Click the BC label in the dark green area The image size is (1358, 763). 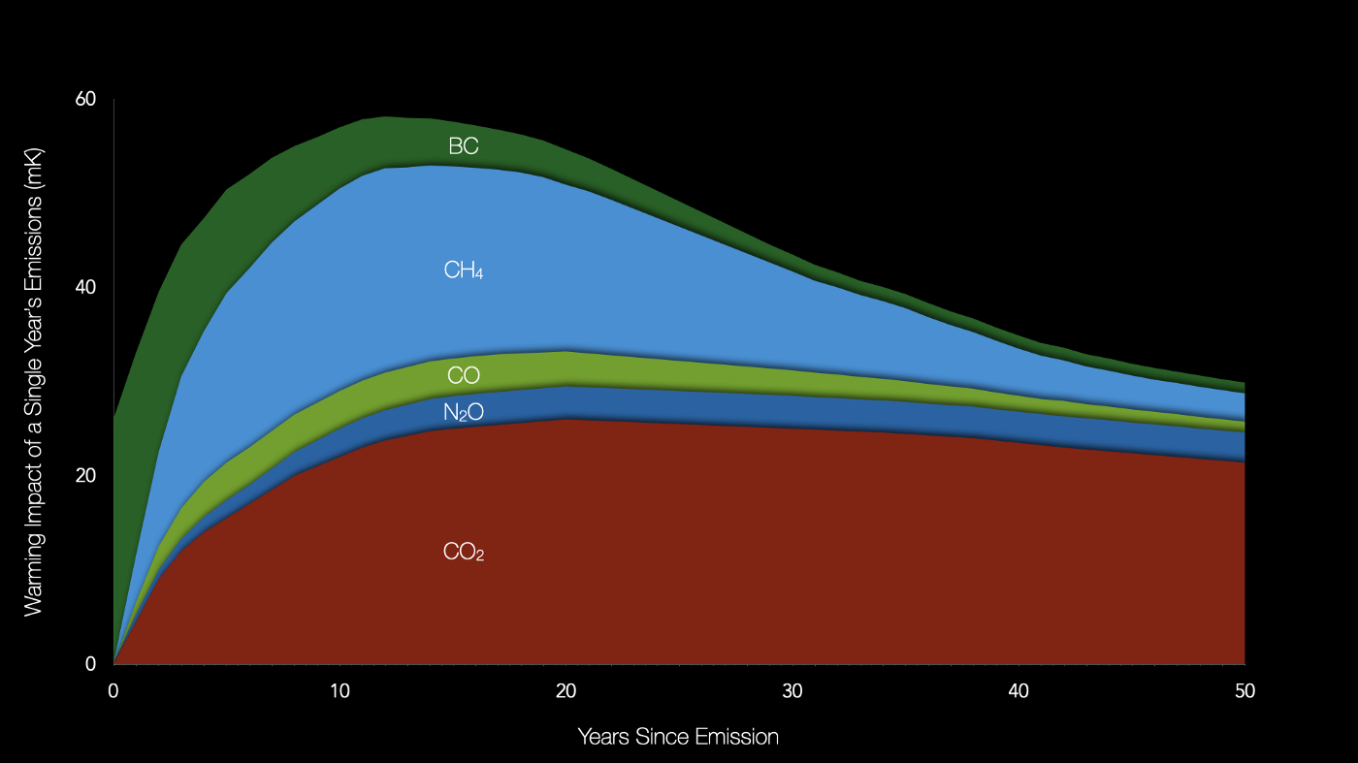[464, 146]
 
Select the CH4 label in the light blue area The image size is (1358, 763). [464, 270]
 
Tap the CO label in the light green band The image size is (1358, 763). [464, 375]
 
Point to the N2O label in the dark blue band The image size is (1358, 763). [464, 413]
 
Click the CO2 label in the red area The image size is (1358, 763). [464, 553]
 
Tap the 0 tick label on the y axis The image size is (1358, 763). [91, 664]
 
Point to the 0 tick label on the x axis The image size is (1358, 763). [113, 692]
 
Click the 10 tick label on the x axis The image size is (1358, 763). [339, 692]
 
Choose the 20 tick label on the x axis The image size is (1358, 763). [566, 692]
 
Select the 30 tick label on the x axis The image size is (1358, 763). [792, 692]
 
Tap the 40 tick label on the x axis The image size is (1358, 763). [1018, 692]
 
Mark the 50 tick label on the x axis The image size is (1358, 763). [1244, 692]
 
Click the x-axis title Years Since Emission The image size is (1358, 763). [678, 737]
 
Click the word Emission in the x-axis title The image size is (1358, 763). [734, 737]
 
